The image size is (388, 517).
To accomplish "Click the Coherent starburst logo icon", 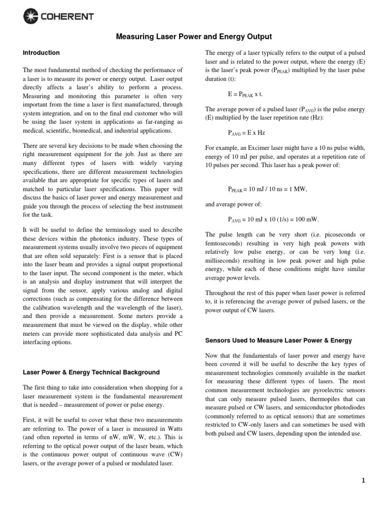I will click(x=31, y=17).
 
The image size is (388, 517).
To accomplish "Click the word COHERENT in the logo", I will click(x=67, y=17).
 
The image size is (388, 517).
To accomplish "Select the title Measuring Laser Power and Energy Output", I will click(x=195, y=37).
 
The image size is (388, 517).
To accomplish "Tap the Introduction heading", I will click(x=41, y=53).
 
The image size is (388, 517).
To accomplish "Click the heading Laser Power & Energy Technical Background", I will click(x=91, y=372).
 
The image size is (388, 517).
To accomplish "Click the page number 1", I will click(x=363, y=481).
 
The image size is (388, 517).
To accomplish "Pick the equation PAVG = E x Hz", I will click(x=247, y=133).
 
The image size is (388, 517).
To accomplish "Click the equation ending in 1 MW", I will click(x=267, y=189).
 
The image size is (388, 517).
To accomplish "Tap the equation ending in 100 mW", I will click(x=273, y=219).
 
